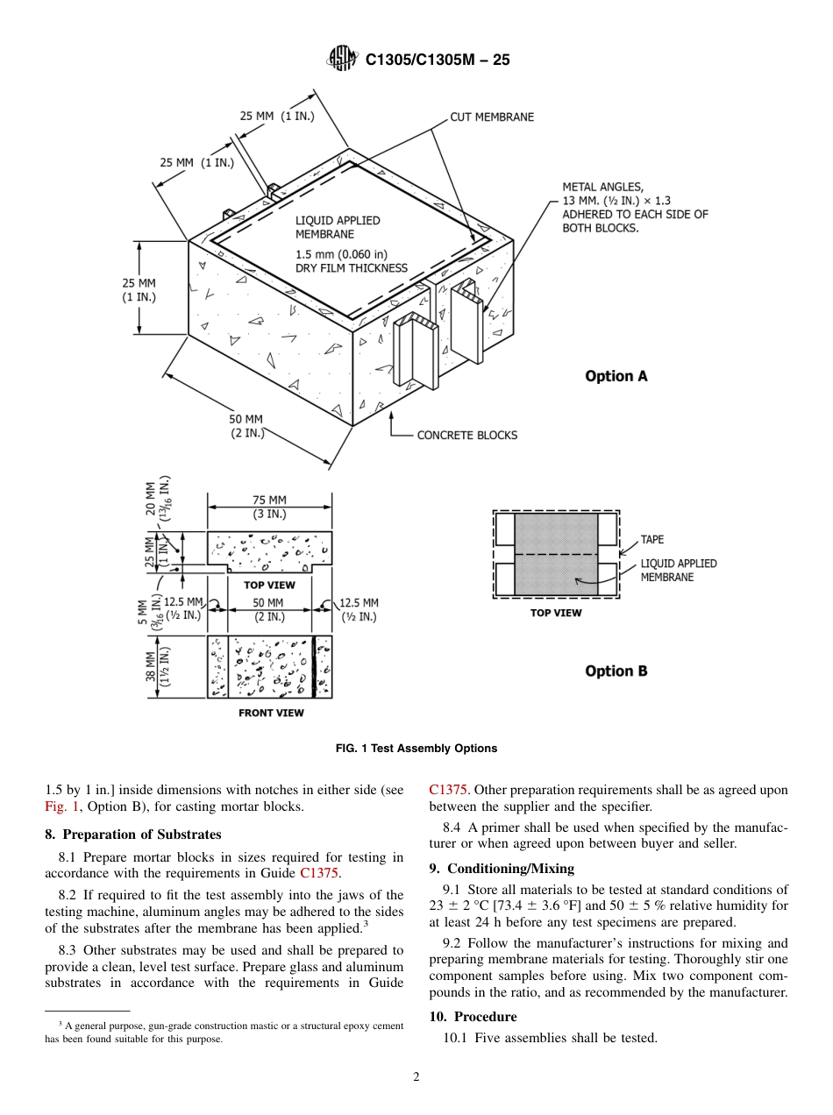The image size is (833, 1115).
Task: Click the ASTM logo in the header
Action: (x=341, y=59)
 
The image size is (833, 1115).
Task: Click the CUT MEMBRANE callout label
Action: (x=492, y=117)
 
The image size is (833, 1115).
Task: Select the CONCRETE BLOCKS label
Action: (x=466, y=435)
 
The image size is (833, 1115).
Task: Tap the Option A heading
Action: (x=616, y=376)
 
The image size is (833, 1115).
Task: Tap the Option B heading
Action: (x=616, y=671)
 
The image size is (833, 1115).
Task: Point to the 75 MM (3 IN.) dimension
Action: (x=269, y=507)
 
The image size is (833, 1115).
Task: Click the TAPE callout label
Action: (x=652, y=540)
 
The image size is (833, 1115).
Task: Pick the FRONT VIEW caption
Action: (x=271, y=714)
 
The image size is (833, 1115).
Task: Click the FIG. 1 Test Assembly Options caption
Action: (x=416, y=749)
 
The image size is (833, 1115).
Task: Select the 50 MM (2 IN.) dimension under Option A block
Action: (x=247, y=426)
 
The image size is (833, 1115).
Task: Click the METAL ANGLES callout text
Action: (x=634, y=207)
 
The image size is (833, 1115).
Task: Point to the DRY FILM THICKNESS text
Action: (x=351, y=268)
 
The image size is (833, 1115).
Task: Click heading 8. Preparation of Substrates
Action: (x=133, y=834)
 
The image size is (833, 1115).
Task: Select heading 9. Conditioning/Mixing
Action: (x=502, y=869)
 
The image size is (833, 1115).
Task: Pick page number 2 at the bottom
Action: (x=416, y=1078)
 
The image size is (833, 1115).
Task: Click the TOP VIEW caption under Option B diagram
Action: (x=556, y=613)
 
